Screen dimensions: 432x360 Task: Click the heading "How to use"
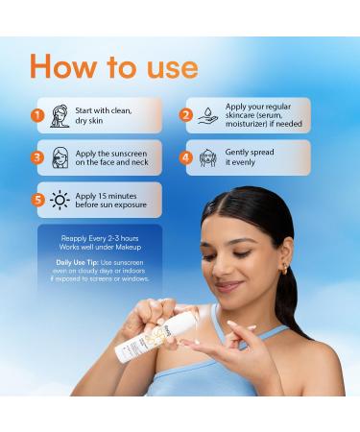click(x=113, y=66)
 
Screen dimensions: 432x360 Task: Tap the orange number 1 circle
click(x=37, y=115)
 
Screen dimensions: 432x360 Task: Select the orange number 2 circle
click(x=186, y=115)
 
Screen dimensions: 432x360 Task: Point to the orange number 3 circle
click(x=37, y=157)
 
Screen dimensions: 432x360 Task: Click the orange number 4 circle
click(x=186, y=157)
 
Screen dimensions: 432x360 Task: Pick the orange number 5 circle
click(x=37, y=200)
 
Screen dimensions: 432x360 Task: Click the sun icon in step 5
click(x=60, y=201)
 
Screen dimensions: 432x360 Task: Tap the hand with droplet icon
click(x=208, y=115)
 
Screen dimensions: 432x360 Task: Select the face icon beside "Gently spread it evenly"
click(x=208, y=157)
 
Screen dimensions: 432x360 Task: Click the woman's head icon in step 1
click(x=60, y=115)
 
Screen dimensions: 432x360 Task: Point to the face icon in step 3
click(x=60, y=157)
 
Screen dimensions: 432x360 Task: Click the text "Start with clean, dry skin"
click(x=103, y=115)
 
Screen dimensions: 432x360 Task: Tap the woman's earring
click(x=284, y=270)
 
